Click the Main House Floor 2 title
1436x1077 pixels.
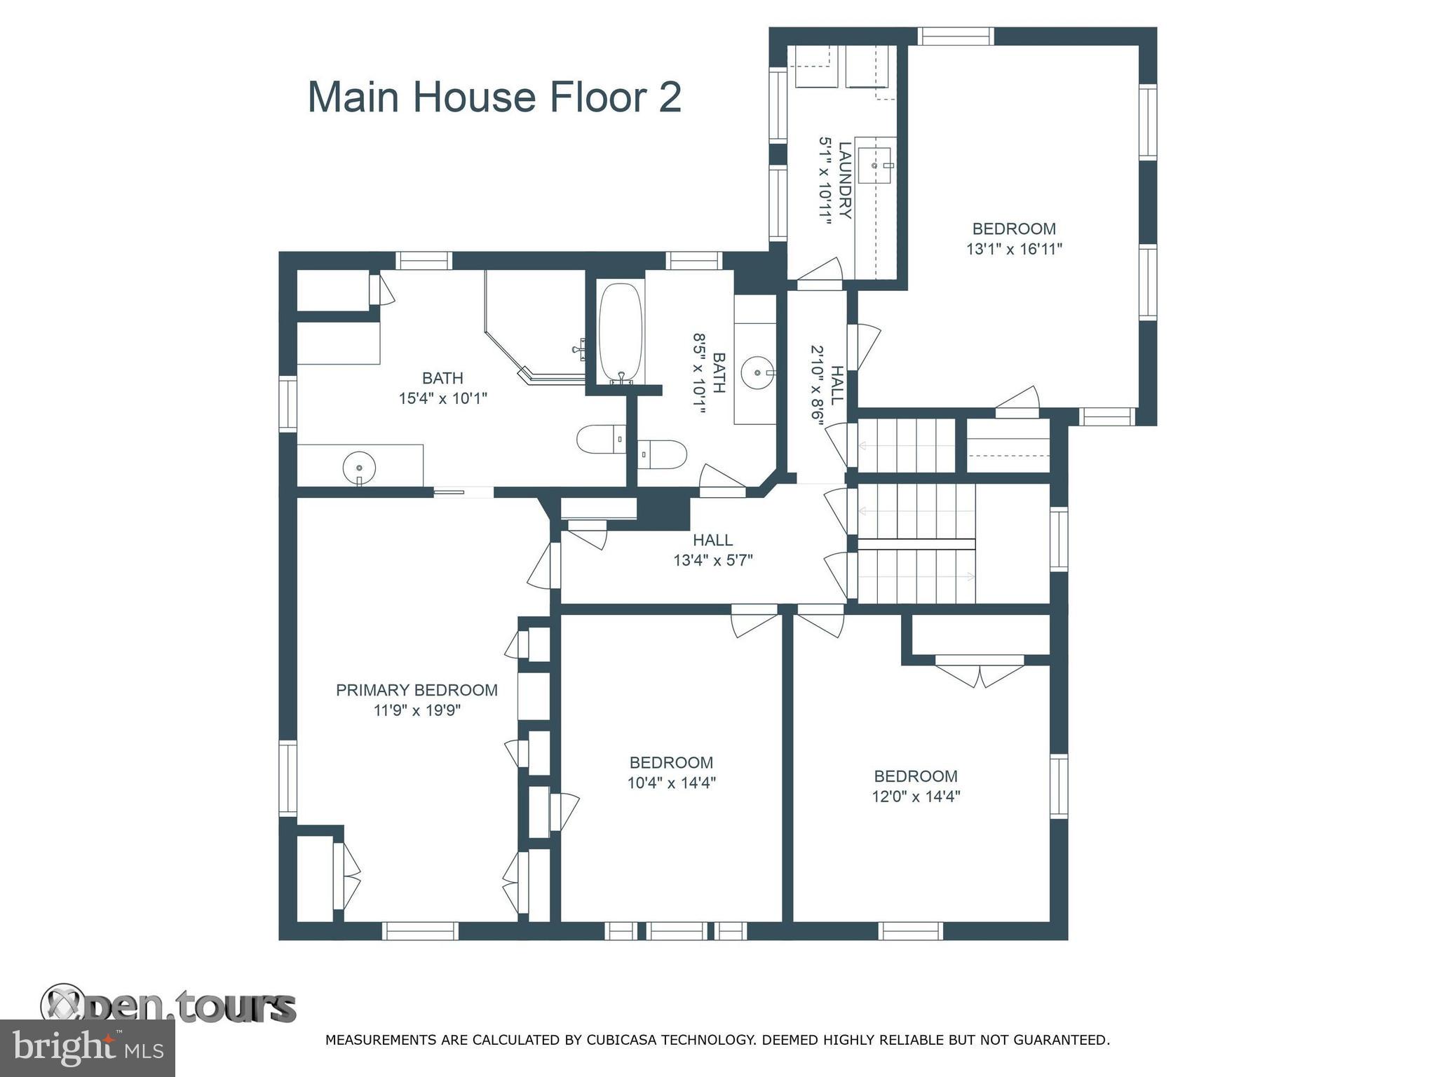point(494,97)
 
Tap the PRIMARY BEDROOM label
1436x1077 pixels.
point(416,690)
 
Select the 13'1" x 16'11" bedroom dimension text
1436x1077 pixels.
point(1015,249)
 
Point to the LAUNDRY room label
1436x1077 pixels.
point(845,180)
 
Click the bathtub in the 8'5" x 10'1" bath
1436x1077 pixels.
point(621,333)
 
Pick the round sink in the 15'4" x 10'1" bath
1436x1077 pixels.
point(359,466)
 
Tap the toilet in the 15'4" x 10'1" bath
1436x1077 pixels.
point(602,440)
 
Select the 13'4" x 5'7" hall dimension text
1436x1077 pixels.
point(713,560)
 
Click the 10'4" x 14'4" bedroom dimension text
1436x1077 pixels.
point(672,783)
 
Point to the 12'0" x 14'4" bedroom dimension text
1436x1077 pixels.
point(916,797)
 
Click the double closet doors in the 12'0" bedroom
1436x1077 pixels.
point(980,671)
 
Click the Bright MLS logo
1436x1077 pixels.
point(87,1048)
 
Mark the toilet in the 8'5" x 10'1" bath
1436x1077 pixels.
point(663,454)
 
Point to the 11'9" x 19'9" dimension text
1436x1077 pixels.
point(416,710)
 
